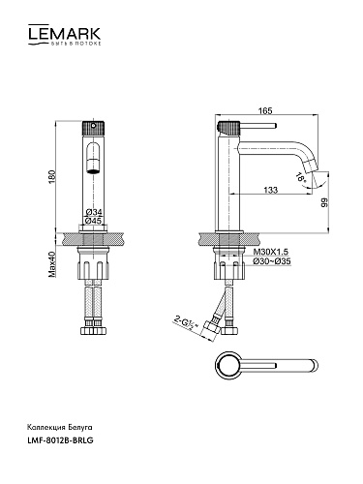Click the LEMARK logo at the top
[x=64, y=35]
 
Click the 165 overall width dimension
[x=265, y=110]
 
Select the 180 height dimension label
[x=52, y=177]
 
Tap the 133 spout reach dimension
[x=270, y=190]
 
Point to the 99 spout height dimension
[x=324, y=202]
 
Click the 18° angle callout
[x=301, y=179]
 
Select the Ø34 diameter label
[x=94, y=212]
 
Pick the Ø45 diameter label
[x=94, y=221]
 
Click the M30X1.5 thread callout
[x=270, y=252]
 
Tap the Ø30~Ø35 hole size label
[x=272, y=261]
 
